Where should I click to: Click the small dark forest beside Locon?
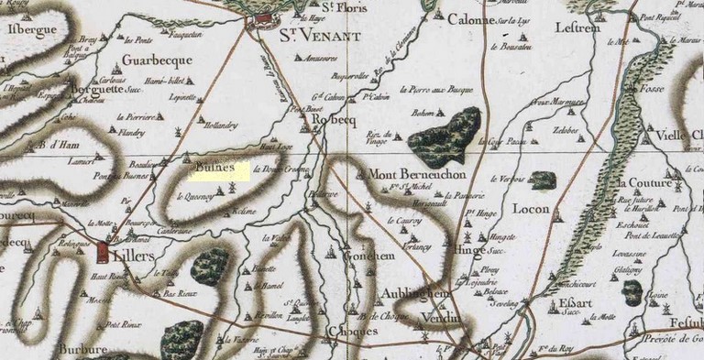pyautogui.click(x=543, y=180)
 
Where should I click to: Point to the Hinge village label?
pyautogui.click(x=468, y=248)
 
